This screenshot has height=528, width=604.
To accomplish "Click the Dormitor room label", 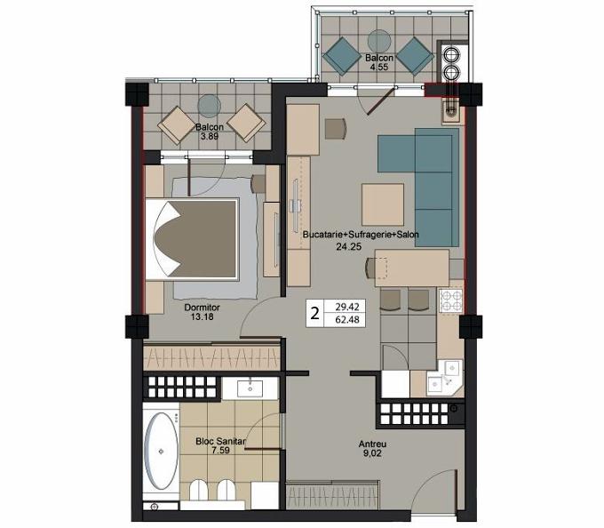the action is (x=202, y=308).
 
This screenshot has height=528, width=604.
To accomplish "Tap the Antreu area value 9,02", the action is (x=371, y=453).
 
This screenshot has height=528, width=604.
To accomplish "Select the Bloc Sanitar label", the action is (x=220, y=442).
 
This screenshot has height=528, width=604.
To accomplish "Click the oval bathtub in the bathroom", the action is (x=161, y=451).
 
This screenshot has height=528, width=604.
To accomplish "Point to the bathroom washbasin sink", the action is (x=250, y=388).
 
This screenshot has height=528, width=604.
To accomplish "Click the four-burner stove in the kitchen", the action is (x=451, y=301).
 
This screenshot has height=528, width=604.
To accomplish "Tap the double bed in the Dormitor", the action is (x=192, y=239).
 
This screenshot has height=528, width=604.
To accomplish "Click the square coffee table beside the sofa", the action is (x=383, y=204).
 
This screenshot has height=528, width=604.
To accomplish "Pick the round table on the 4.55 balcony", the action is (x=379, y=41).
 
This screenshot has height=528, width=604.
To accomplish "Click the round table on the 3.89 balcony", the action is (x=209, y=106).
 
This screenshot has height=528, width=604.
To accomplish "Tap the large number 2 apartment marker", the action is (x=314, y=314).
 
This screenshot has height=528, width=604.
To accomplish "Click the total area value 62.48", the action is (x=347, y=320).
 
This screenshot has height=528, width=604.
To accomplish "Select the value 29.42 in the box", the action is (x=347, y=308).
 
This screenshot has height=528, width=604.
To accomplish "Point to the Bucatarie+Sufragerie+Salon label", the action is (x=361, y=235).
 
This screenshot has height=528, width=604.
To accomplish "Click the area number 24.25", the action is (x=348, y=246).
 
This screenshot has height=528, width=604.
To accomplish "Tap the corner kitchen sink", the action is (x=444, y=377).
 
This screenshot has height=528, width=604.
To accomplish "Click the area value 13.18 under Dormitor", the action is (x=202, y=316).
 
